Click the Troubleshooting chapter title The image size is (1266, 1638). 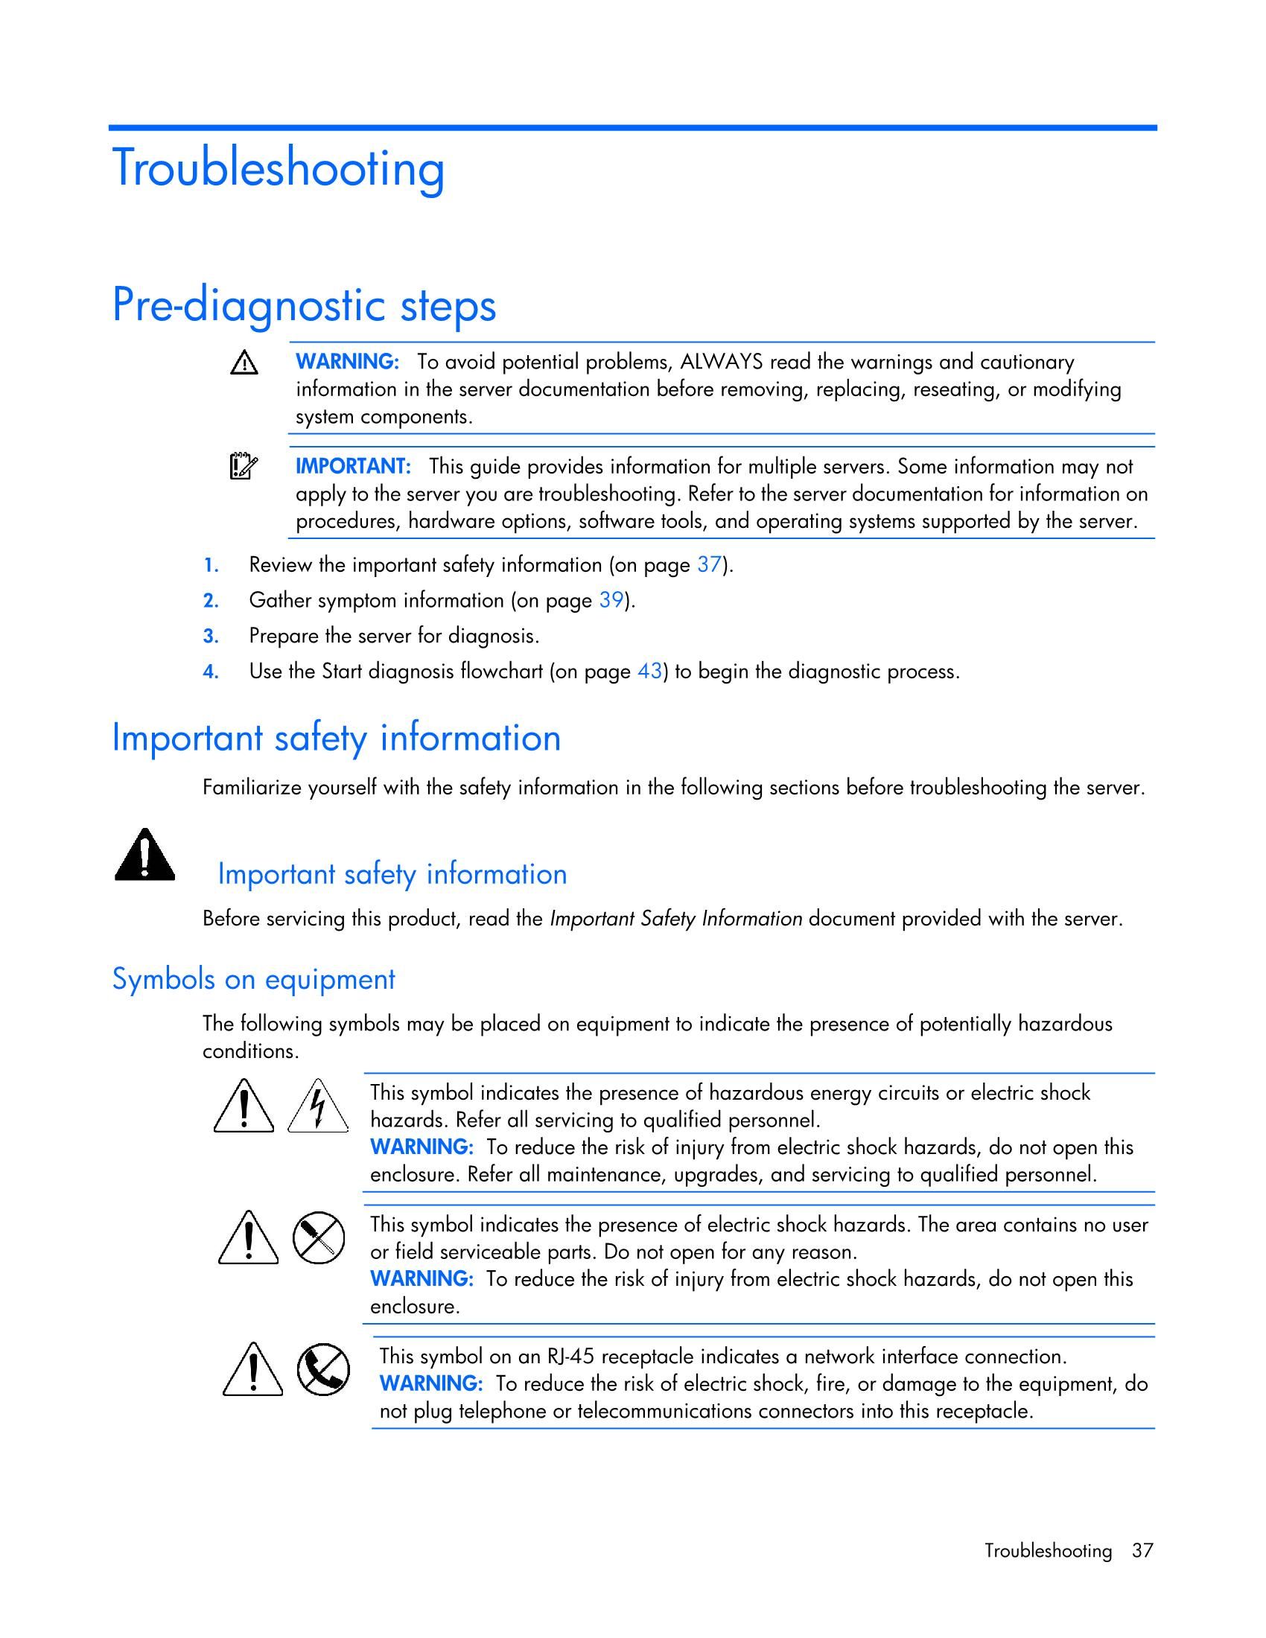(x=279, y=169)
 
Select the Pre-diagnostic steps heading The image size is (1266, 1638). (x=304, y=306)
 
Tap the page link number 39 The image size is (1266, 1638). (x=611, y=601)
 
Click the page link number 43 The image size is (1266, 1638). (x=649, y=672)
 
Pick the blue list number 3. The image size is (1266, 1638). (x=211, y=636)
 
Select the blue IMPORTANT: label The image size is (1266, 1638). (x=353, y=467)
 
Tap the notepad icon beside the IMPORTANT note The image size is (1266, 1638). (x=243, y=467)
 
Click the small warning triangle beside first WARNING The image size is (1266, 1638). (x=244, y=364)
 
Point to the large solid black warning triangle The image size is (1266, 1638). (x=144, y=855)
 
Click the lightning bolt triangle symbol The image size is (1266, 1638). (x=319, y=1106)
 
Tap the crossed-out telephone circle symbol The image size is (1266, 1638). (x=323, y=1368)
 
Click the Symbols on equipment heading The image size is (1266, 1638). (x=253, y=980)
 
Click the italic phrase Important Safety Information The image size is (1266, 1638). (x=675, y=919)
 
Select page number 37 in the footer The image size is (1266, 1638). (x=1142, y=1550)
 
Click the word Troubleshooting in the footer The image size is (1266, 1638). (x=1048, y=1550)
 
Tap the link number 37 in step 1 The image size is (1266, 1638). (x=709, y=565)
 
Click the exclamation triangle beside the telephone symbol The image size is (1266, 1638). (x=252, y=1369)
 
